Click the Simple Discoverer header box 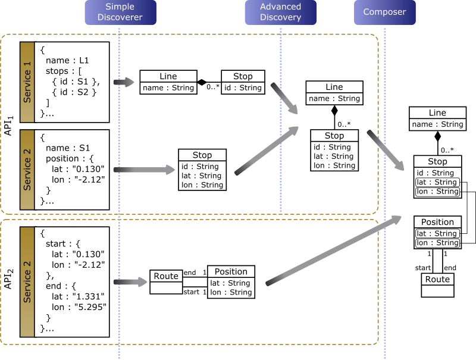[121, 12]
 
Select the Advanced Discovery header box [280, 12]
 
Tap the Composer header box [384, 12]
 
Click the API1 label [9, 126]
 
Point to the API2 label [9, 278]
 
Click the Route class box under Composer [437, 285]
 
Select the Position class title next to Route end [231, 271]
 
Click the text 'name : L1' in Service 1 [67, 61]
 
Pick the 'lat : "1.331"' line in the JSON [78, 296]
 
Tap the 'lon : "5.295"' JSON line [79, 307]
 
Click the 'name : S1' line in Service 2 [68, 148]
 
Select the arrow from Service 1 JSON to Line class [124, 82]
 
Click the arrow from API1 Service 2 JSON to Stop [145, 170]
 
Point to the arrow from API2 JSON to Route [130, 282]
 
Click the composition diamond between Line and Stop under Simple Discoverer [202, 82]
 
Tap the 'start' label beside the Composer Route [423, 268]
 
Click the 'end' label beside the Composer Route [450, 268]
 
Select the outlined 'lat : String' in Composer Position [437, 233]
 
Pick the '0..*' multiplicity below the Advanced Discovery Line [344, 124]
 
